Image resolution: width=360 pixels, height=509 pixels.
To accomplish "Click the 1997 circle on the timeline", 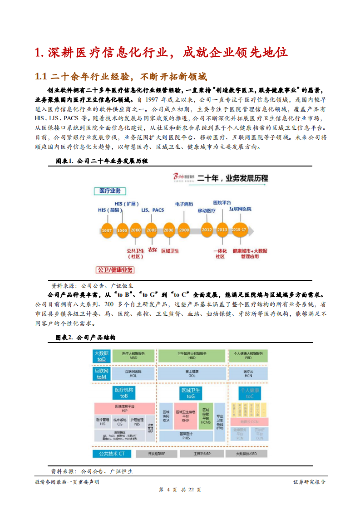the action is [107, 230].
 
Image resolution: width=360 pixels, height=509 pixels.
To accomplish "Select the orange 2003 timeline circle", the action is [151, 230].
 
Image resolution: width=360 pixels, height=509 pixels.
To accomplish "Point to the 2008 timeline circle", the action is [184, 230].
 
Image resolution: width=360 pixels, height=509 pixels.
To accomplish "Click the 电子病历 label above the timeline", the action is [184, 205].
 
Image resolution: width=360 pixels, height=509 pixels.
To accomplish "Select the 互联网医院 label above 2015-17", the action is [240, 209].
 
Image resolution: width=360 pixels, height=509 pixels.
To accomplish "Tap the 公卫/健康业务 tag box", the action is [115, 270].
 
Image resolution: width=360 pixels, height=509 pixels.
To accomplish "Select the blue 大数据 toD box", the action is [101, 356].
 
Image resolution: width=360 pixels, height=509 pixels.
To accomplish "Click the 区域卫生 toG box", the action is [191, 393].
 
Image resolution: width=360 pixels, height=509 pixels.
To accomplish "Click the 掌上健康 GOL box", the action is [192, 373].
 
